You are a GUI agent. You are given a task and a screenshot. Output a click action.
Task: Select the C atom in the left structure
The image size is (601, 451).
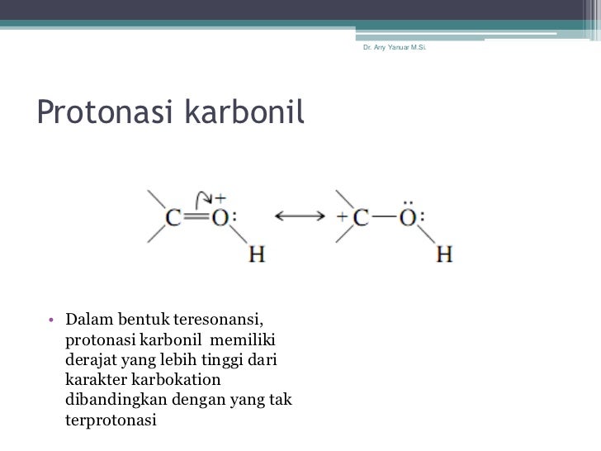pos(174,218)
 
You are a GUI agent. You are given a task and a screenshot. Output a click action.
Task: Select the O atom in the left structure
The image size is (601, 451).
pos(220,218)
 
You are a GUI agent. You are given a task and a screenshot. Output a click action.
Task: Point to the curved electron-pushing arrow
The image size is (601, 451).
pos(201,196)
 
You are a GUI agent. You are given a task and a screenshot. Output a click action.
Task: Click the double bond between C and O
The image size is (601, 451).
pos(196,218)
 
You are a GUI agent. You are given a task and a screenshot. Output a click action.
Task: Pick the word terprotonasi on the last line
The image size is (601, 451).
pos(109,420)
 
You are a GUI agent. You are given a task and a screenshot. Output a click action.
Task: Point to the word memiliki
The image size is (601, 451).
pos(245,340)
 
